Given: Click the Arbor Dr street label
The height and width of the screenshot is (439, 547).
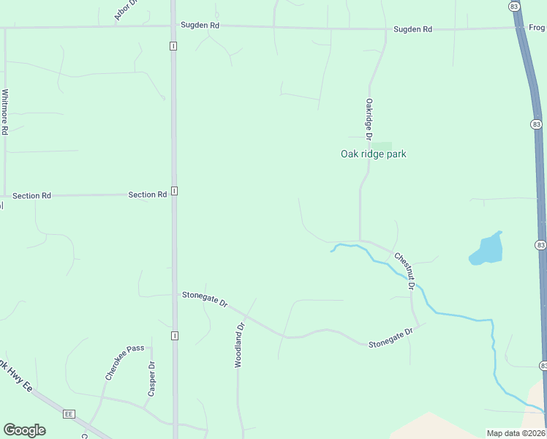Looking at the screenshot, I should (126, 10).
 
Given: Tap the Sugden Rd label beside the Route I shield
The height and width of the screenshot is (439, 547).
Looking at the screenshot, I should (200, 26).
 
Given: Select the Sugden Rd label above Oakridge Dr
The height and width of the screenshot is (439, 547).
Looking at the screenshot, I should (412, 29).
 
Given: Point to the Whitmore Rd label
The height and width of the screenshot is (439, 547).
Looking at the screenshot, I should (5, 112).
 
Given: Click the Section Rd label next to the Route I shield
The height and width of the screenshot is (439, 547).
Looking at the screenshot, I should (147, 195).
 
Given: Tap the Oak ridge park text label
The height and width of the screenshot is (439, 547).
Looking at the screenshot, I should (373, 154).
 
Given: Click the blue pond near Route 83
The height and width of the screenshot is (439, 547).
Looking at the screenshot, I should (486, 249).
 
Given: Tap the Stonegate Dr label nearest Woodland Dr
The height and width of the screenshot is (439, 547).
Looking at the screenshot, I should (205, 299).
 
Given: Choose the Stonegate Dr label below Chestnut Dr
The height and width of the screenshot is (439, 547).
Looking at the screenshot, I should (391, 338).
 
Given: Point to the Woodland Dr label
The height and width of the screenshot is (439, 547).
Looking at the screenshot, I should (238, 345).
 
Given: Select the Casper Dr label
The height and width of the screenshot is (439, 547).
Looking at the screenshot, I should (151, 379).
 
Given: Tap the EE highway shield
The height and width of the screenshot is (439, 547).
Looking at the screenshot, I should (69, 413).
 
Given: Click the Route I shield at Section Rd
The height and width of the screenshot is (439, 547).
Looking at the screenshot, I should (175, 191).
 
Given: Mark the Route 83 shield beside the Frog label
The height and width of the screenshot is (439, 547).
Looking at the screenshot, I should (516, 6).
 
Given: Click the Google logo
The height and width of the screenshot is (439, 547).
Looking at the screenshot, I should (24, 430).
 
